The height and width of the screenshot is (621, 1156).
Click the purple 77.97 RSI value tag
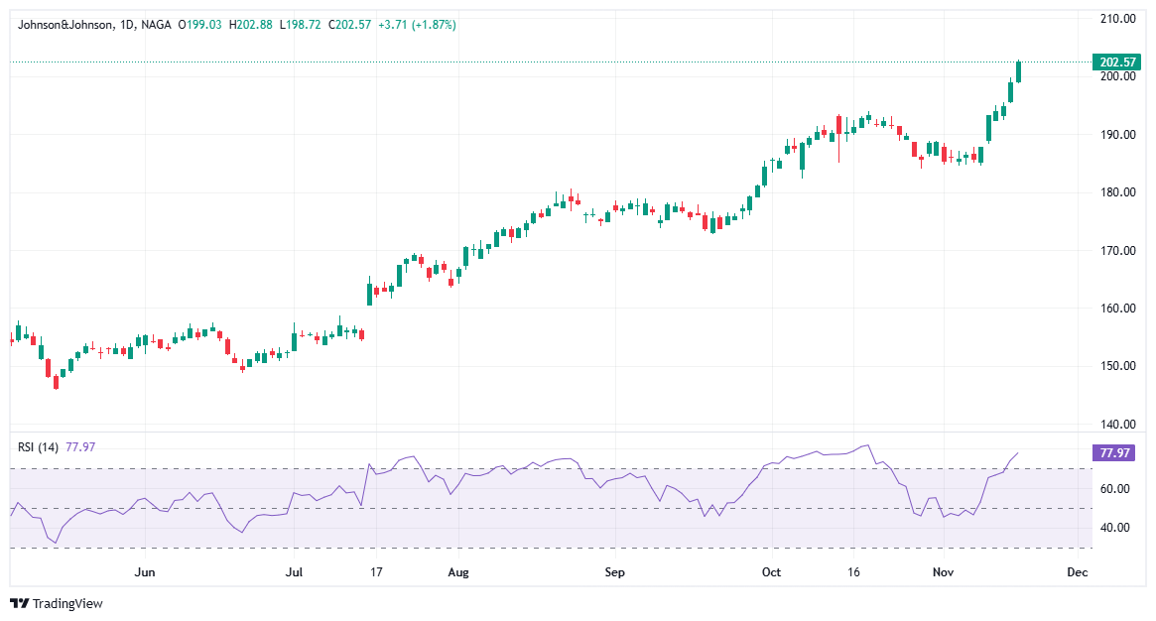pyautogui.click(x=1111, y=453)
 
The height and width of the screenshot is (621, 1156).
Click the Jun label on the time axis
pyautogui.click(x=145, y=572)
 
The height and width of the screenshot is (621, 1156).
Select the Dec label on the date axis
pyautogui.click(x=1077, y=572)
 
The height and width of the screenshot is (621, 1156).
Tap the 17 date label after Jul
pyautogui.click(x=375, y=572)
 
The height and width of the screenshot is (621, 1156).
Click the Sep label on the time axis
pyautogui.click(x=614, y=572)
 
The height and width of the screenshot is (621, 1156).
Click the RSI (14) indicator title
pyautogui.click(x=39, y=447)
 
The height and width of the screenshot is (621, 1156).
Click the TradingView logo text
pyautogui.click(x=67, y=603)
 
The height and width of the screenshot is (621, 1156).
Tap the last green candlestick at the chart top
pyautogui.click(x=1018, y=71)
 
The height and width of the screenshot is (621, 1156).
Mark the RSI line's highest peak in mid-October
pyautogui.click(x=867, y=445)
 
